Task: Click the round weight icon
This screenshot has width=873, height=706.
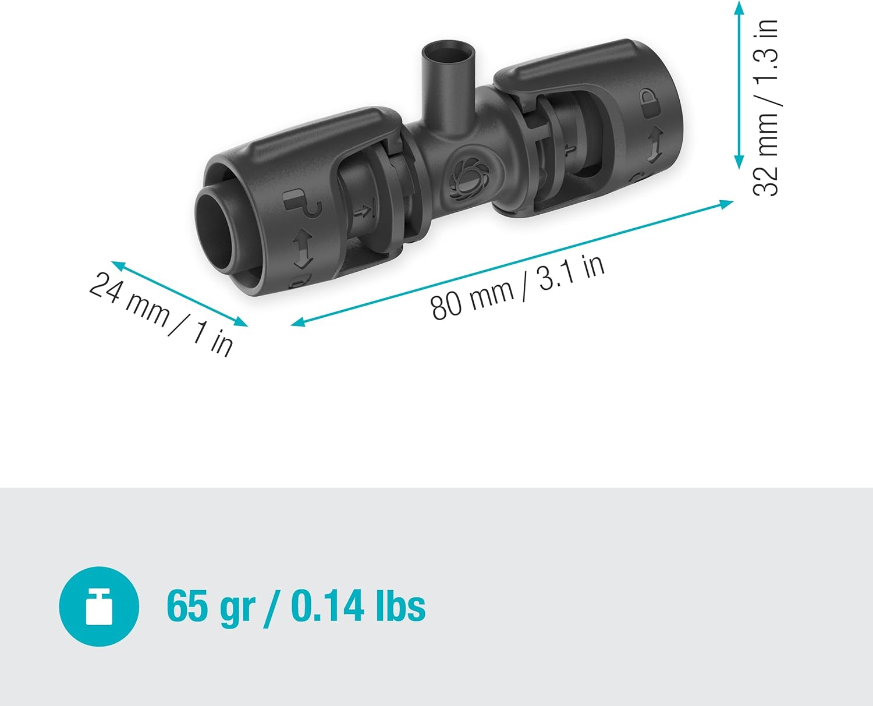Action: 99,606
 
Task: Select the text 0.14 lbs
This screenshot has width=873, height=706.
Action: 358,606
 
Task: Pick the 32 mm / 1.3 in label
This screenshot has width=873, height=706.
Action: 766,108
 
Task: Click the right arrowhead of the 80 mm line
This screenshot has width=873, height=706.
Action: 727,203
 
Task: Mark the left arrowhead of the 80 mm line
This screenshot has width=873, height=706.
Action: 297,322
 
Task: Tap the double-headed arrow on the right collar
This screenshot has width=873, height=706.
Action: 655,144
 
